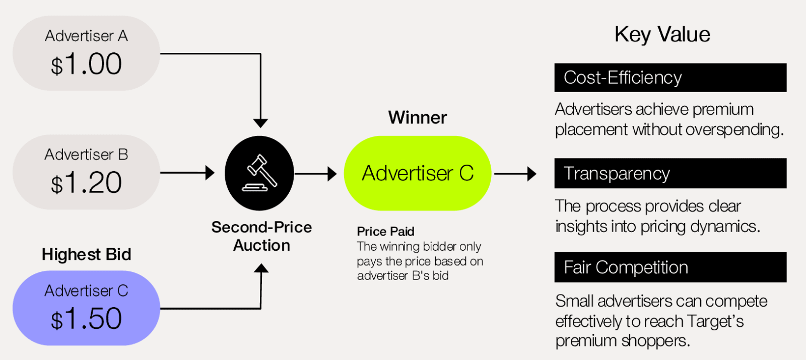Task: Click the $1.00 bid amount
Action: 86,64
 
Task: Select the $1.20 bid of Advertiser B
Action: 86,183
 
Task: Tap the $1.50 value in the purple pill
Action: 86,319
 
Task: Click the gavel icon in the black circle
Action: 259,173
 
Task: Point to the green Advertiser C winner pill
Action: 418,173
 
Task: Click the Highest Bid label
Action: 86,254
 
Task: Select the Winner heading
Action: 418,117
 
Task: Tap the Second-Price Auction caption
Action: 261,236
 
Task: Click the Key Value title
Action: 662,35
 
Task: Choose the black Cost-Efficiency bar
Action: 670,78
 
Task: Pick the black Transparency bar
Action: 670,173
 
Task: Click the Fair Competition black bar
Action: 670,267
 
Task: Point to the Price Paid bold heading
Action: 385,231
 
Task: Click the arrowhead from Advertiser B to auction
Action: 210,173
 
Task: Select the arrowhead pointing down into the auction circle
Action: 260,123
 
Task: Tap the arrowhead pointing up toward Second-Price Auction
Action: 261,268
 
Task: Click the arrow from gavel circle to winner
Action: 315,174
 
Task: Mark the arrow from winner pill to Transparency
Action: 515,174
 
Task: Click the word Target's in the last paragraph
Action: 715,321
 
